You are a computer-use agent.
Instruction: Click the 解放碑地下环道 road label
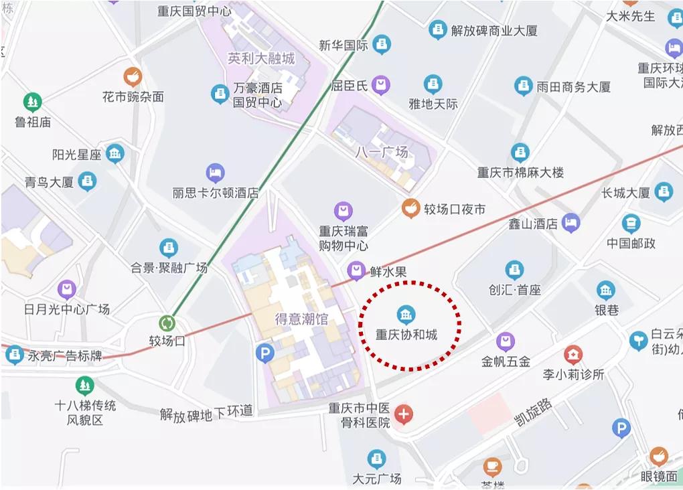click(x=206, y=413)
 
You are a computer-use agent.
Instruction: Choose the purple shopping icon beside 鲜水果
click(x=356, y=271)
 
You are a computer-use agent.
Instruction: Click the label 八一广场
click(x=381, y=152)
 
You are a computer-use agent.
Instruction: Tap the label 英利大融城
click(x=261, y=58)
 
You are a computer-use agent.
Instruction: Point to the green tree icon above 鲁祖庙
click(x=32, y=102)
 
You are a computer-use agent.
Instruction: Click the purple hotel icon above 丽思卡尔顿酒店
click(x=215, y=173)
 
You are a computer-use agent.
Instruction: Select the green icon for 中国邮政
click(x=631, y=223)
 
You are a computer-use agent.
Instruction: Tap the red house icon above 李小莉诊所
click(x=573, y=354)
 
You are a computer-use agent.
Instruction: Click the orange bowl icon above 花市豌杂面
click(x=133, y=76)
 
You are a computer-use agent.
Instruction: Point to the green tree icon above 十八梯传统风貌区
click(x=84, y=385)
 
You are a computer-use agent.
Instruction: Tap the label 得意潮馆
click(x=301, y=319)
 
